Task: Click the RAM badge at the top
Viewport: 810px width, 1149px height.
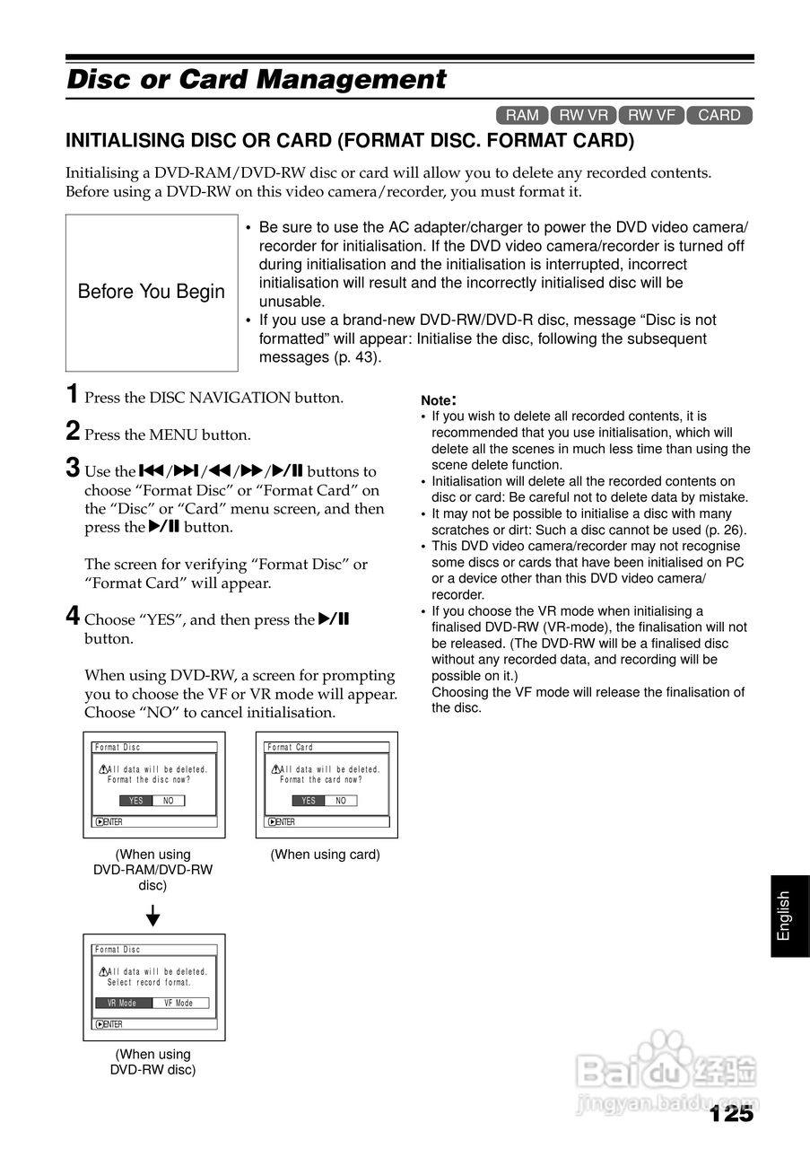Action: (522, 115)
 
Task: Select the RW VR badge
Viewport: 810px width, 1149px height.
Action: (583, 115)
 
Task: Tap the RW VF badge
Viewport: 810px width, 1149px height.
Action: (651, 115)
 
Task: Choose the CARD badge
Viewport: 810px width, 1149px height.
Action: (719, 115)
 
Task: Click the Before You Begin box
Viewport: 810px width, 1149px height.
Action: (152, 293)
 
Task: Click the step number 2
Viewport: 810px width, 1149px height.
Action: (73, 432)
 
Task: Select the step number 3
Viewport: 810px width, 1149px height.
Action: (73, 469)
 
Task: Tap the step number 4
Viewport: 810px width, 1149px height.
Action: (73, 617)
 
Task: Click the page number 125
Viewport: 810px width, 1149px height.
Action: (730, 1114)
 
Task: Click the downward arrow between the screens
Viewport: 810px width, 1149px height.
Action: (153, 916)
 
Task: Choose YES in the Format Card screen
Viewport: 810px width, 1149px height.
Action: (309, 801)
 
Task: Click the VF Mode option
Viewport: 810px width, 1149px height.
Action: (179, 1003)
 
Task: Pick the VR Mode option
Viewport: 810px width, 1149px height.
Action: (123, 1003)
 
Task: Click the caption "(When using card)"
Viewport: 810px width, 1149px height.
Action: (326, 855)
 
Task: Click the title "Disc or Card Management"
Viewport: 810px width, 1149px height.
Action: (257, 80)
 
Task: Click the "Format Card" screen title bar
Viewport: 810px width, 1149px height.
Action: (327, 747)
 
